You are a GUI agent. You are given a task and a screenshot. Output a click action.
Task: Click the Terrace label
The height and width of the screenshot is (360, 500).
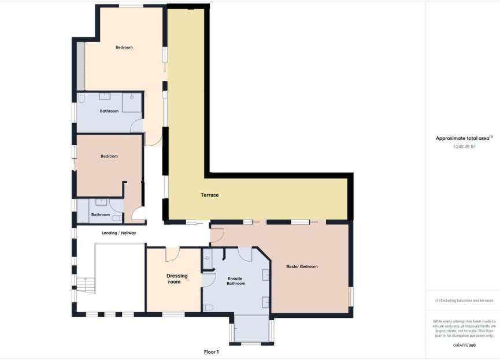(209, 195)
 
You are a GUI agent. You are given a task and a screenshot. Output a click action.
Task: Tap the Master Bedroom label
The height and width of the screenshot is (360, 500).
(302, 266)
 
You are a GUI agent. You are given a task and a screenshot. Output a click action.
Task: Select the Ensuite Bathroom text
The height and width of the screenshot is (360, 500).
(236, 281)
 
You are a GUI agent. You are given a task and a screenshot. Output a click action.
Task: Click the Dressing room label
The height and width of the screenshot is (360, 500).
(173, 279)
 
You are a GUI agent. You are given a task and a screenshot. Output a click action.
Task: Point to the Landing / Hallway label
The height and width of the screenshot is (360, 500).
(118, 233)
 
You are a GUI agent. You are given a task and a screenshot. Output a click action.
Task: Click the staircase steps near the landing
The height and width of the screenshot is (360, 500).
(86, 284)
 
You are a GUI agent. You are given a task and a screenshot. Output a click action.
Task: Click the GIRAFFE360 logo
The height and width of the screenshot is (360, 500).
(464, 345)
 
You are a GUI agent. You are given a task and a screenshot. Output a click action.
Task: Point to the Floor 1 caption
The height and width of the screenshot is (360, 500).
(212, 351)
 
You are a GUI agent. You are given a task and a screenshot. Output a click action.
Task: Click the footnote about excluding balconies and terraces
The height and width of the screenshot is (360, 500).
(464, 300)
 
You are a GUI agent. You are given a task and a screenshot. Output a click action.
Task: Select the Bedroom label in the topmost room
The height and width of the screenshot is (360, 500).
(124, 47)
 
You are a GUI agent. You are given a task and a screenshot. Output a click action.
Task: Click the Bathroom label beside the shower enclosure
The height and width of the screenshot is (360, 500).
(109, 111)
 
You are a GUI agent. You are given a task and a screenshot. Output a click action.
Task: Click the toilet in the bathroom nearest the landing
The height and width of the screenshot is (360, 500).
(117, 218)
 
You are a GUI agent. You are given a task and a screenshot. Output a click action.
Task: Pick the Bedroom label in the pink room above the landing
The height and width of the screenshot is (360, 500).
(109, 156)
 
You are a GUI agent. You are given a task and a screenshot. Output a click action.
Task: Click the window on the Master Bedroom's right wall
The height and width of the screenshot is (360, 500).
(350, 296)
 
